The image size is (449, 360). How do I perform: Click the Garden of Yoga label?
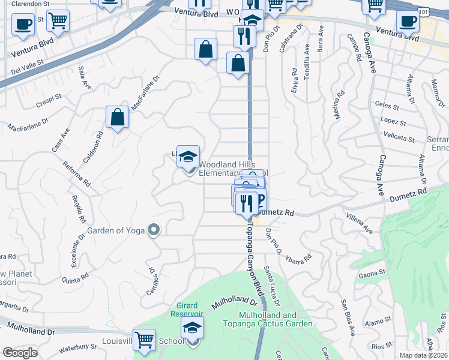117,230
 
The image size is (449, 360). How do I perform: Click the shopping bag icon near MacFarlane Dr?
118,118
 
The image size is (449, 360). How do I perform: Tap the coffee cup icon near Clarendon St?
23,25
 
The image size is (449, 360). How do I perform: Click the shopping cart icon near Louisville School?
144,340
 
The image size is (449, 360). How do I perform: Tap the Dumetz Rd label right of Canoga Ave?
408,196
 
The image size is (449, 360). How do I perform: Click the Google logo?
20,352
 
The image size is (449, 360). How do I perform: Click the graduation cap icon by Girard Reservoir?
192,328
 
